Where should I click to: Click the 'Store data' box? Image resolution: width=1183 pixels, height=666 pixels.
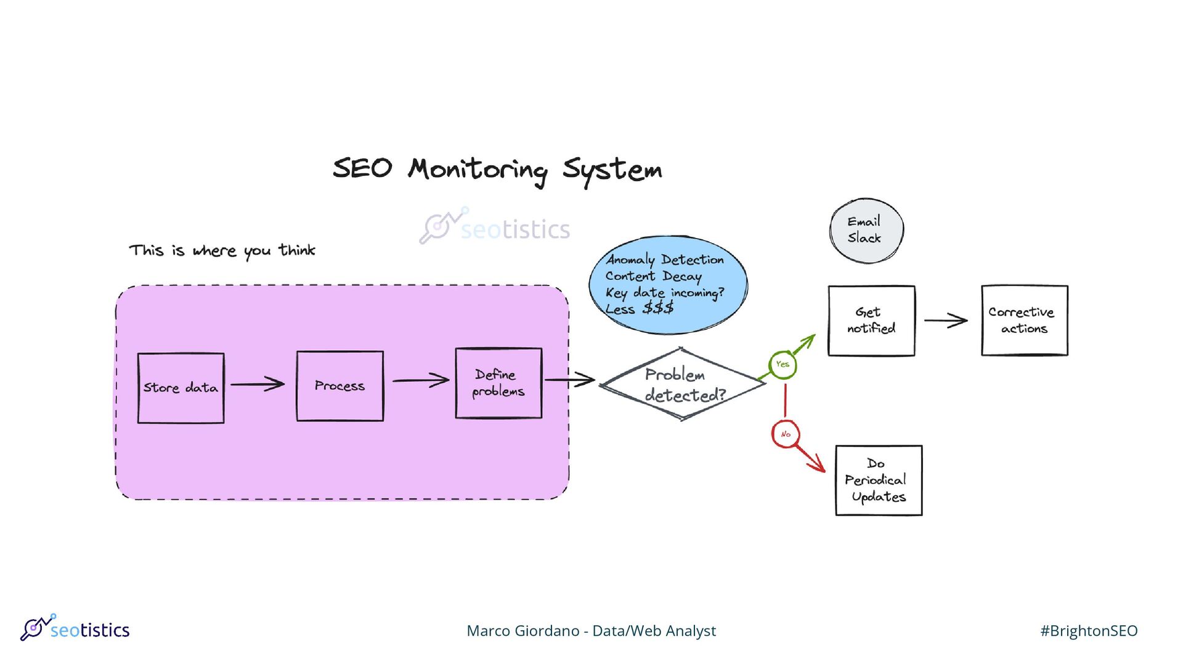tap(181, 388)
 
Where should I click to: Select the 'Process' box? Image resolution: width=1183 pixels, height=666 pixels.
tap(339, 386)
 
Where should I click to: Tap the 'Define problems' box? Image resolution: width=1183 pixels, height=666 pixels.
tap(498, 383)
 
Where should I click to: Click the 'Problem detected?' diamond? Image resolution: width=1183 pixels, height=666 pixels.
tap(683, 384)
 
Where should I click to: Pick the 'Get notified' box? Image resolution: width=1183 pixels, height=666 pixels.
tap(871, 321)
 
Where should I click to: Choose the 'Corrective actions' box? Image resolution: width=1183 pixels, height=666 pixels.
tap(1024, 321)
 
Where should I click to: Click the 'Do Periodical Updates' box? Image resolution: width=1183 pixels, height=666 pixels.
tap(879, 480)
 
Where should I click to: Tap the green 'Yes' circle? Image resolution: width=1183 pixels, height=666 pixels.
tap(783, 364)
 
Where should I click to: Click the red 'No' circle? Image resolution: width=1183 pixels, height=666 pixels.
tap(786, 434)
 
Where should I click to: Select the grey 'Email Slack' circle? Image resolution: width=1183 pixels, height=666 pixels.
tap(866, 230)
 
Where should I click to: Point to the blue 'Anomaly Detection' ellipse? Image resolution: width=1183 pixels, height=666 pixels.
tap(668, 284)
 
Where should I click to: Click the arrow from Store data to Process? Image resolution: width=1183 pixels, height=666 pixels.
tap(258, 384)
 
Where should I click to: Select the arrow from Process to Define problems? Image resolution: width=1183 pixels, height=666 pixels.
tap(421, 380)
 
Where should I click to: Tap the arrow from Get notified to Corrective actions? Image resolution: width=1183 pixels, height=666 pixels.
tap(946, 321)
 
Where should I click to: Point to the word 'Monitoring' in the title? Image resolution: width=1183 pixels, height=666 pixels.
tap(477, 170)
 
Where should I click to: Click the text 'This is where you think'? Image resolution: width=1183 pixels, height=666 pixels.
tap(222, 250)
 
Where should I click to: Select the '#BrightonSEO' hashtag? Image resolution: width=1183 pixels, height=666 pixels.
tap(1089, 631)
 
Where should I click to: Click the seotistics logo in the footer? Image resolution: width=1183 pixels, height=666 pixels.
tap(75, 628)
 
